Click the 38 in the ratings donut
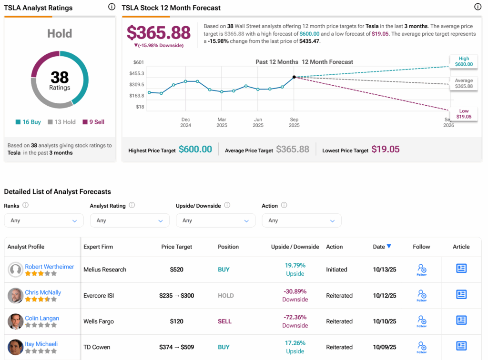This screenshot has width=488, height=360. [60, 77]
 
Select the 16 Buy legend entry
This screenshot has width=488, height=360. [28, 122]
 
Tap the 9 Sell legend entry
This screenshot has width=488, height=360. [93, 122]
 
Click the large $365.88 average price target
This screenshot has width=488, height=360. [159, 32]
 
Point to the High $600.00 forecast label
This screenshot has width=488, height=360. [464, 61]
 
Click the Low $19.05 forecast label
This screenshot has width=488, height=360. [464, 114]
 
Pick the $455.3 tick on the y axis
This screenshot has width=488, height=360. [136, 73]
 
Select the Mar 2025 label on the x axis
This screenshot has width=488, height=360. [222, 122]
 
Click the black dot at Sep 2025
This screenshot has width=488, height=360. [294, 77]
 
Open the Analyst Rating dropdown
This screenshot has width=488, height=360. [130, 220]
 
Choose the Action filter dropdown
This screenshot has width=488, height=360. [301, 220]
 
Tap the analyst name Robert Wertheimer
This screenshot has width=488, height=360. [50, 267]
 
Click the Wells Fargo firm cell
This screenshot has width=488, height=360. [99, 321]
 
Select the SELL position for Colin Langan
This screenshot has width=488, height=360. [224, 321]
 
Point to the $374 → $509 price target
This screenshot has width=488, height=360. [176, 347]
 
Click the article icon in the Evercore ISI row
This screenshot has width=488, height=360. [461, 295]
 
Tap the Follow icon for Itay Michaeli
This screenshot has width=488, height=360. [422, 346]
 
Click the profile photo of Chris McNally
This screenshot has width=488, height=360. [15, 295]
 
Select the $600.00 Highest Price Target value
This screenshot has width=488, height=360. [195, 150]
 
